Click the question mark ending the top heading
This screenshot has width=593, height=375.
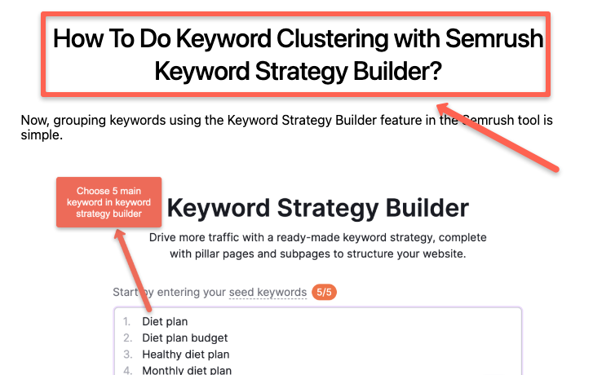(435, 72)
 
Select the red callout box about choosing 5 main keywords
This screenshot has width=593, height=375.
(109, 202)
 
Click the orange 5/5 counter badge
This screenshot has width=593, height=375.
(325, 292)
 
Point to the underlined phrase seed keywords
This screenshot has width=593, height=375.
(268, 292)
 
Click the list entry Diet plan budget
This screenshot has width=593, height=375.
(185, 337)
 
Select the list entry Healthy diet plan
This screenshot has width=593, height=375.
(186, 354)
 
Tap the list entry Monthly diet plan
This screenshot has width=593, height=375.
(187, 370)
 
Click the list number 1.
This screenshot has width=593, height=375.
(126, 321)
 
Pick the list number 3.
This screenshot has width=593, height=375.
(127, 354)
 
